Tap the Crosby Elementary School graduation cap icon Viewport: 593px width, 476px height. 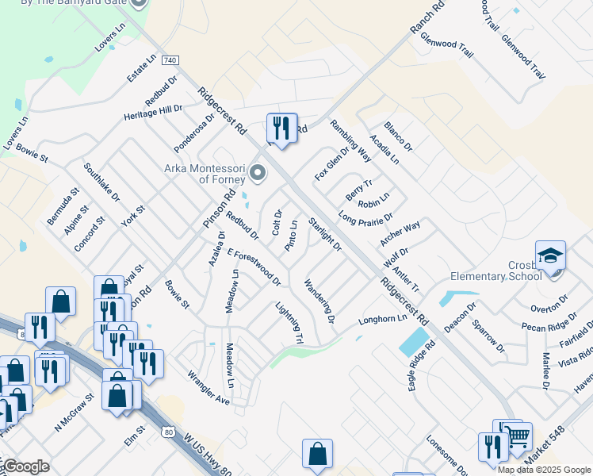click(550, 256)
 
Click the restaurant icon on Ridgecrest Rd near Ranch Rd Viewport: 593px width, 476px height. click(281, 126)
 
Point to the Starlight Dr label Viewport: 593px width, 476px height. click(325, 234)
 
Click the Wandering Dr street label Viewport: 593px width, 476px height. click(319, 301)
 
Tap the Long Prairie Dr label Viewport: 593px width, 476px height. click(365, 217)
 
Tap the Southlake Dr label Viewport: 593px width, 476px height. click(101, 182)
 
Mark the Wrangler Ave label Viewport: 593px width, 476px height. click(208, 388)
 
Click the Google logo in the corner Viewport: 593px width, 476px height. click(25, 466)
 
